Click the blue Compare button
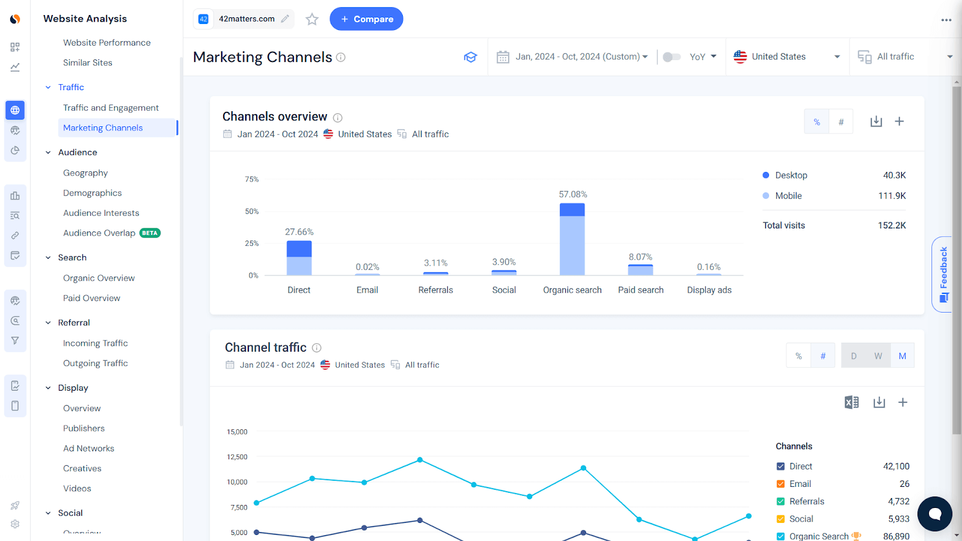pos(366,19)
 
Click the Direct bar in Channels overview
pos(299,258)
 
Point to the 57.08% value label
pos(572,194)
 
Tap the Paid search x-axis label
pos(640,290)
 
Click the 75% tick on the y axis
pos(251,179)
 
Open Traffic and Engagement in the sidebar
pos(111,108)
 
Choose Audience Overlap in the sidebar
pos(99,233)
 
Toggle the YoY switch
pos(672,57)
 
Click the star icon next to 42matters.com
pos(311,19)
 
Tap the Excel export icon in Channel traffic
pos(851,402)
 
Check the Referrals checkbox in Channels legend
pos(780,501)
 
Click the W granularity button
pos(878,356)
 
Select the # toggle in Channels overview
pos(841,122)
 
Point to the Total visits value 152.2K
pos(891,225)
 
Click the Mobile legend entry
pos(788,196)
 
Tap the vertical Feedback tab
pos(943,274)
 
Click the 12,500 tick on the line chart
pos(237,457)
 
